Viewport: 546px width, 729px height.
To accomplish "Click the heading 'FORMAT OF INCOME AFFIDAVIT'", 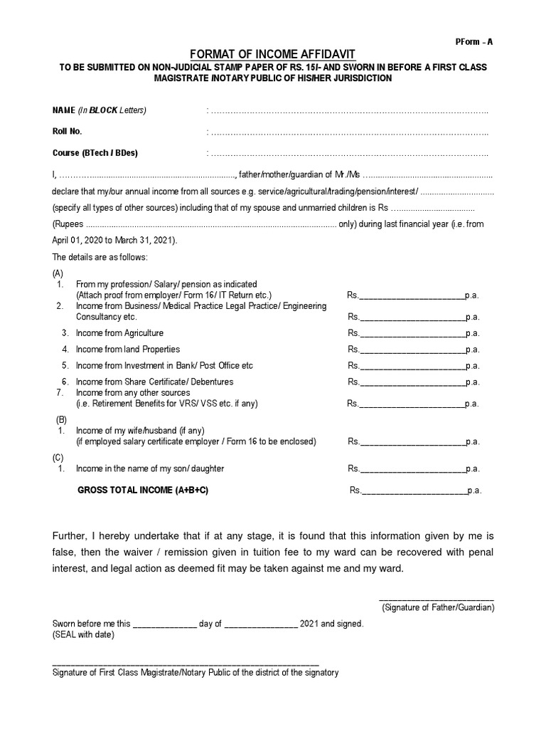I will pos(272,55).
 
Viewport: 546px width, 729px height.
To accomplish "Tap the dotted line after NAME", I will pos(349,111).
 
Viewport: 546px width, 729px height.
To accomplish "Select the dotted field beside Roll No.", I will pos(349,132).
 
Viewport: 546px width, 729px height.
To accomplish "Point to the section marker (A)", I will pos(58,273).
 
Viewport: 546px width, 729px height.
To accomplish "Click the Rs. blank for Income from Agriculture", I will pos(412,334).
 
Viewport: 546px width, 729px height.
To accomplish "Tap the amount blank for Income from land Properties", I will pos(412,350).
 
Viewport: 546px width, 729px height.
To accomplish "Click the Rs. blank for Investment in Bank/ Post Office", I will pos(412,367).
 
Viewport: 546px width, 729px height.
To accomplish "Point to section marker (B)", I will pos(62,420).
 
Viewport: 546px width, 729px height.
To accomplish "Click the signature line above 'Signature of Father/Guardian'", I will pos(436,599).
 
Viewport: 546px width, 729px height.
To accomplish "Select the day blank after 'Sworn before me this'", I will pos(165,625).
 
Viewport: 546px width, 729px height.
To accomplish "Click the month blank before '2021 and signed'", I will pos(261,625).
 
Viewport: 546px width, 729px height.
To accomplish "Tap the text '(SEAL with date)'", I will pos(83,635).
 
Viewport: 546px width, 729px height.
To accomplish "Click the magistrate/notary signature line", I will pos(186,663).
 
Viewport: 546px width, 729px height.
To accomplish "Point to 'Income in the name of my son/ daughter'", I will pos(150,469).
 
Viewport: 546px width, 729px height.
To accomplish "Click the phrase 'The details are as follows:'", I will pos(100,257).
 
